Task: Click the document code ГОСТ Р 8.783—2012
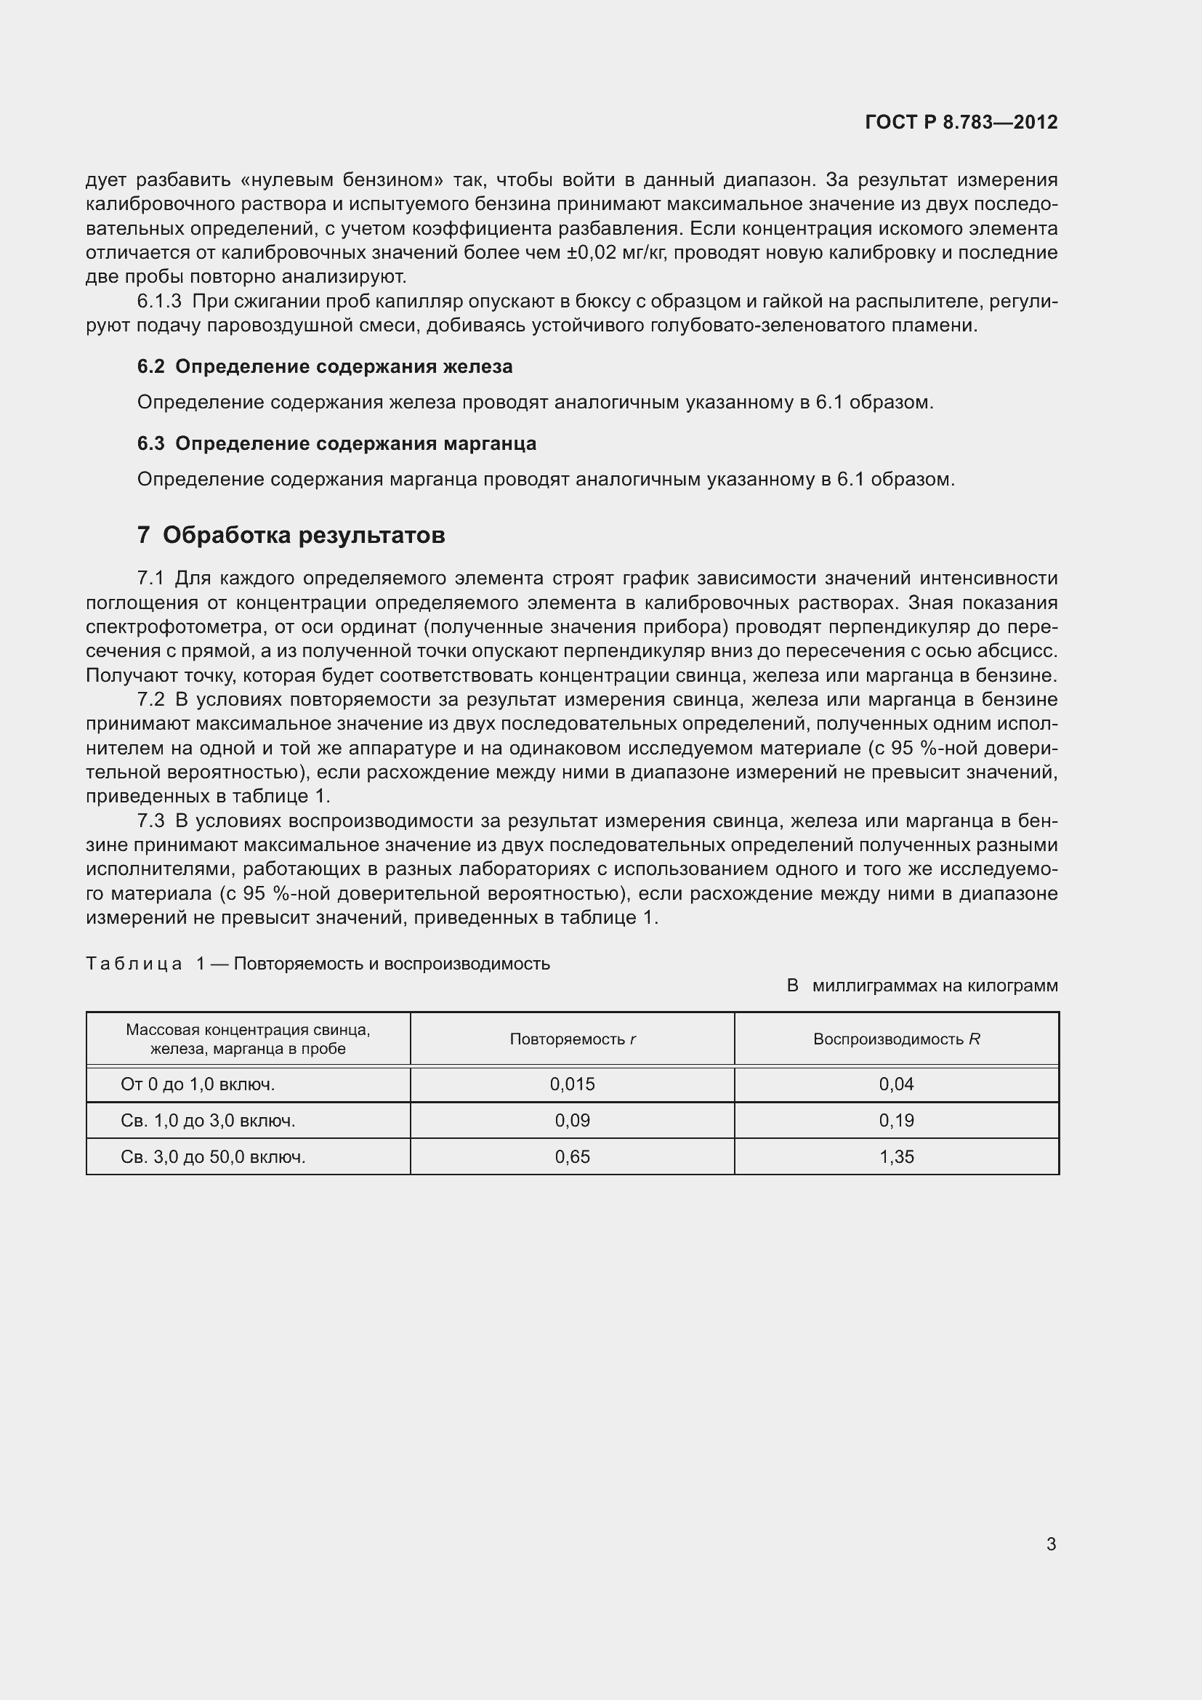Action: point(961,122)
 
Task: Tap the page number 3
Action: point(1051,1544)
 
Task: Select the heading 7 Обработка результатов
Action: point(291,535)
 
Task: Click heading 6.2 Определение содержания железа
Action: point(324,366)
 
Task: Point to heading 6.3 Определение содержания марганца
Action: point(336,443)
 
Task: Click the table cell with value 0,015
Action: point(572,1084)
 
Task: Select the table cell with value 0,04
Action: point(896,1084)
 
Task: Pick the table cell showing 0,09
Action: point(572,1120)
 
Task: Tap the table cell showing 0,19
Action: point(896,1120)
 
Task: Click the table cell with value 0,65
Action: point(572,1156)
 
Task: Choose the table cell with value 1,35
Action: point(896,1156)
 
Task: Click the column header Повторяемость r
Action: point(572,1039)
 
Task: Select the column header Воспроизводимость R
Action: point(896,1039)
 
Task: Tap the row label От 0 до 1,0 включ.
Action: point(198,1084)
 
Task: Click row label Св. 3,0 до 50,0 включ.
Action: point(213,1156)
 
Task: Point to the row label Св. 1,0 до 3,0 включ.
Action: point(208,1120)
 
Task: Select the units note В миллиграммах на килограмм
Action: point(921,986)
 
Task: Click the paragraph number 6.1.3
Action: point(159,302)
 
